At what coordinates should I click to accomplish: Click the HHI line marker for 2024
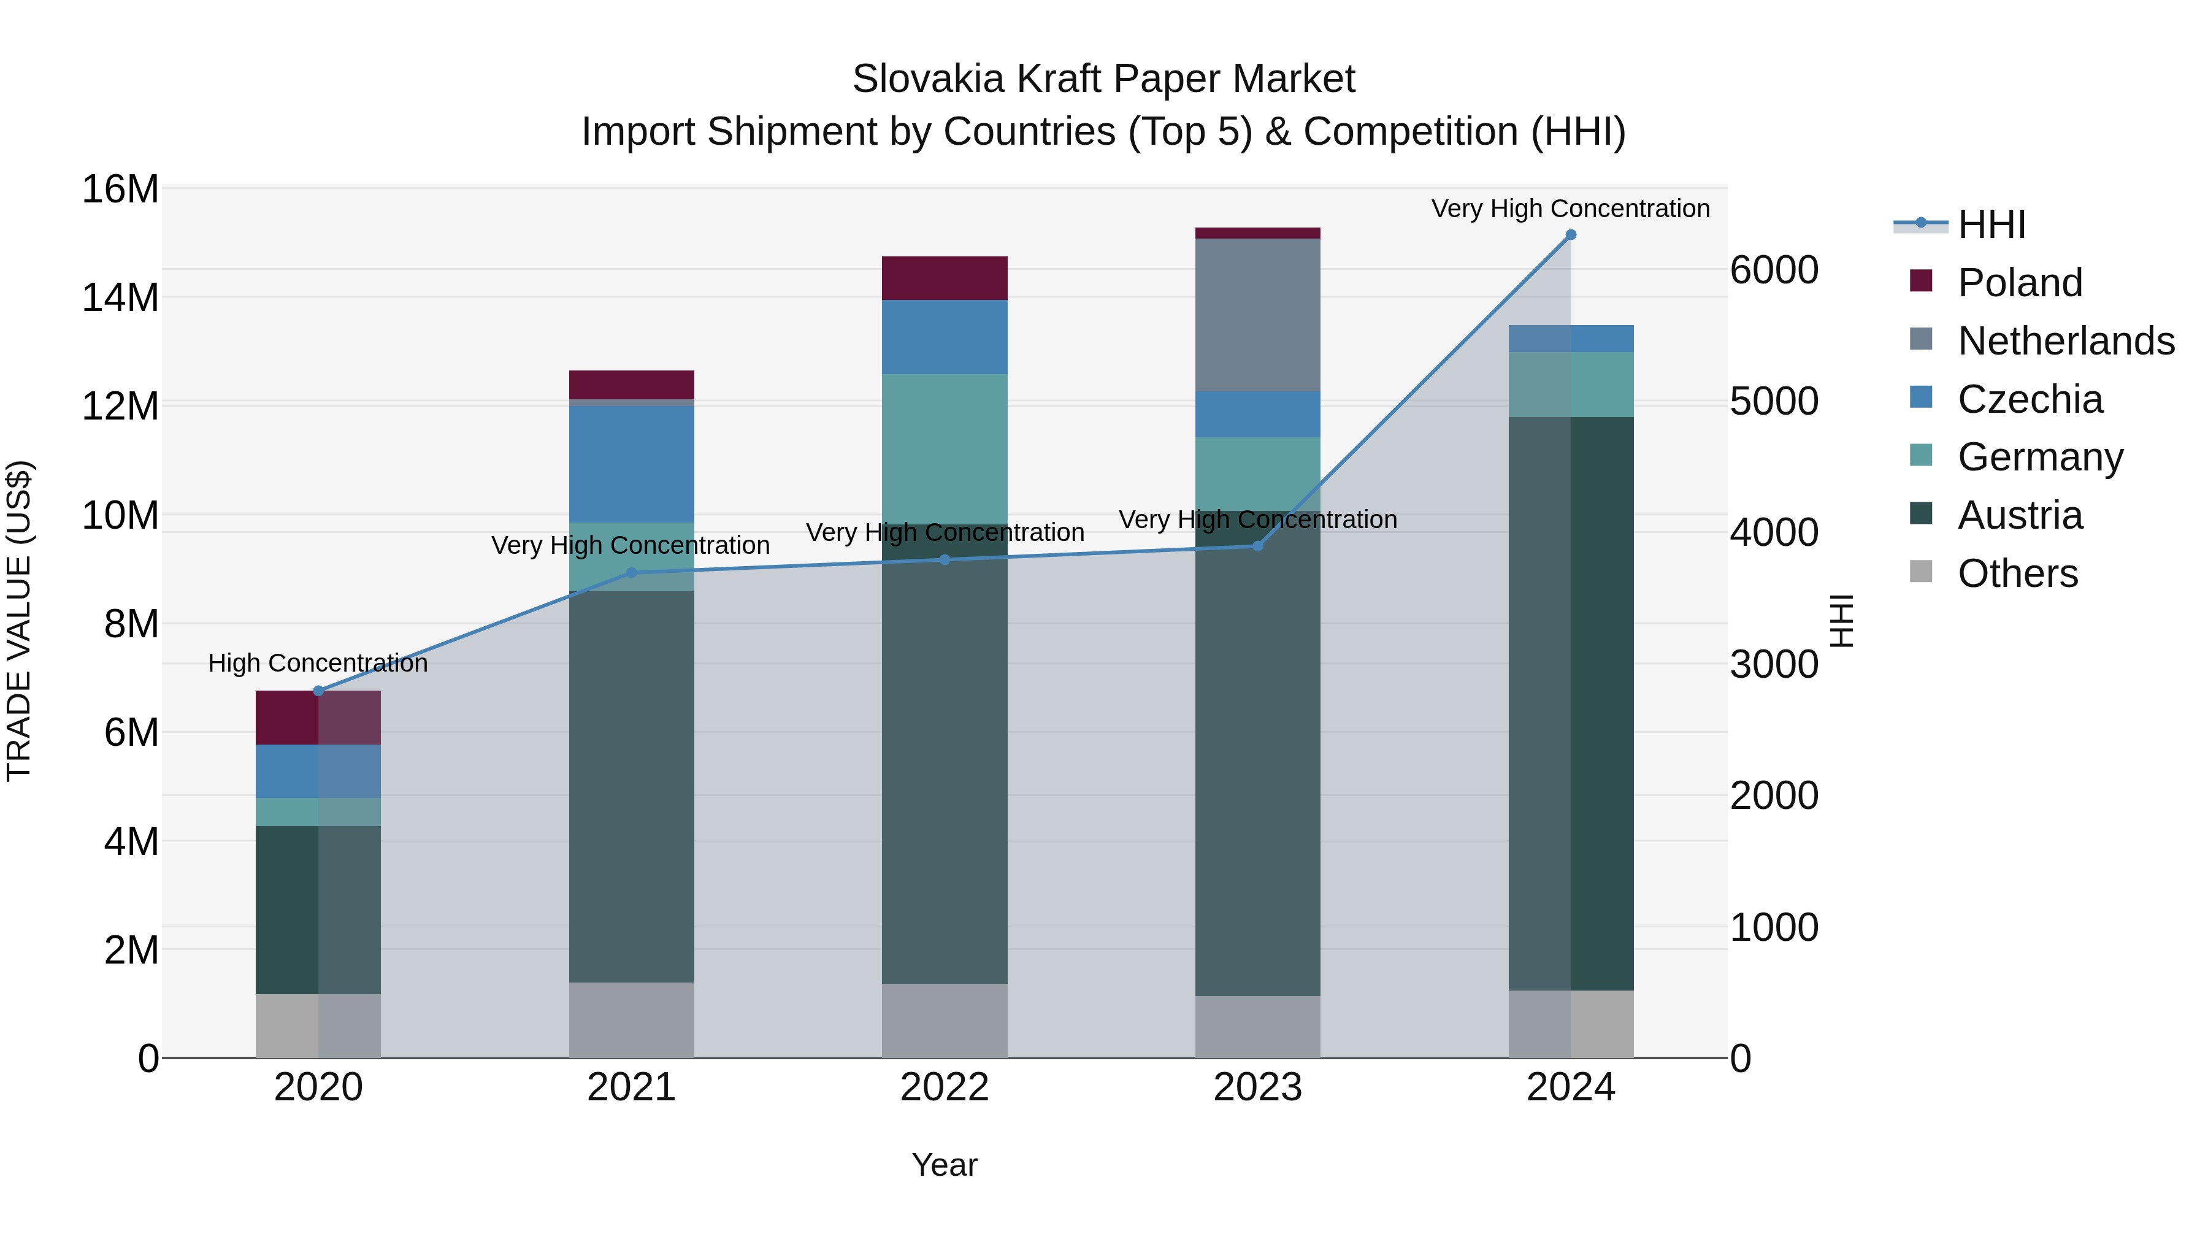[x=1570, y=235]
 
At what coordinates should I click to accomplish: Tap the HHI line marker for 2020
[x=318, y=691]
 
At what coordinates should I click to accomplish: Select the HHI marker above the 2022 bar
[x=945, y=560]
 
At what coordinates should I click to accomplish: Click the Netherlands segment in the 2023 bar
[x=1257, y=315]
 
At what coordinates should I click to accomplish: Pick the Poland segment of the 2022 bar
[x=945, y=278]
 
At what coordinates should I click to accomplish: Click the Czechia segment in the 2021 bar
[x=632, y=464]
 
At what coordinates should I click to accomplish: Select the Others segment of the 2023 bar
[x=1257, y=1026]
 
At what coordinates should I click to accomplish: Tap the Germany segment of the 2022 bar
[x=945, y=448]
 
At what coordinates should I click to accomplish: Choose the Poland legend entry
[x=2020, y=283]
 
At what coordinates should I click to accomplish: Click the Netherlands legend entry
[x=2066, y=341]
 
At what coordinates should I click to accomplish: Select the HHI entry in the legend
[x=1991, y=224]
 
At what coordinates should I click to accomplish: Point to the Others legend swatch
[x=1921, y=572]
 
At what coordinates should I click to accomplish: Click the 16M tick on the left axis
[x=120, y=190]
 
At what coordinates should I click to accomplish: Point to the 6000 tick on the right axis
[x=1773, y=270]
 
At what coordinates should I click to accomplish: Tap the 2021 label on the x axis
[x=632, y=1087]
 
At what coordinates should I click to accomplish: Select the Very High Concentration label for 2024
[x=1570, y=209]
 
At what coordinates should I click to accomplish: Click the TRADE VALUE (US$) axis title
[x=19, y=621]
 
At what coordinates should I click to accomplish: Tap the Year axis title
[x=945, y=1165]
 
